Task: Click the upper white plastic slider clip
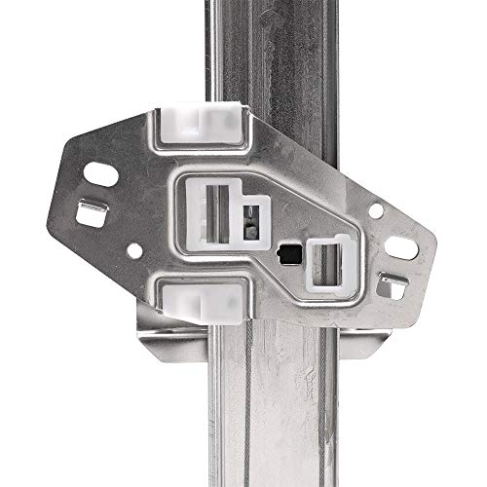[x=199, y=125]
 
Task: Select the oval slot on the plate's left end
[x=100, y=175]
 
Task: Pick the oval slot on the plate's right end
[x=401, y=247]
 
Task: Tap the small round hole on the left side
[x=134, y=250]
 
